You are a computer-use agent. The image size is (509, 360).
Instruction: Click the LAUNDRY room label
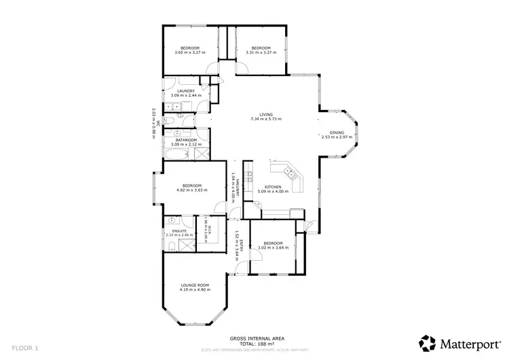[x=186, y=91]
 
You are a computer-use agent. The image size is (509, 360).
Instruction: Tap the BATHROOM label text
[x=186, y=140]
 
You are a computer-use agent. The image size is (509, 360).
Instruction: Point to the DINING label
[x=337, y=132]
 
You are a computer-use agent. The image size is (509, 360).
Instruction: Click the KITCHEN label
[x=273, y=186]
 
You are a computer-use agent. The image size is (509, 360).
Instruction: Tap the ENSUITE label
[x=179, y=231]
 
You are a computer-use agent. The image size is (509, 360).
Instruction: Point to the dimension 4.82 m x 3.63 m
[x=190, y=191]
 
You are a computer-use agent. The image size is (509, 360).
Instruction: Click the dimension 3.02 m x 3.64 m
[x=273, y=248]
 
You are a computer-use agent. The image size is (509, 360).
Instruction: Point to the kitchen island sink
[x=293, y=174]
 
